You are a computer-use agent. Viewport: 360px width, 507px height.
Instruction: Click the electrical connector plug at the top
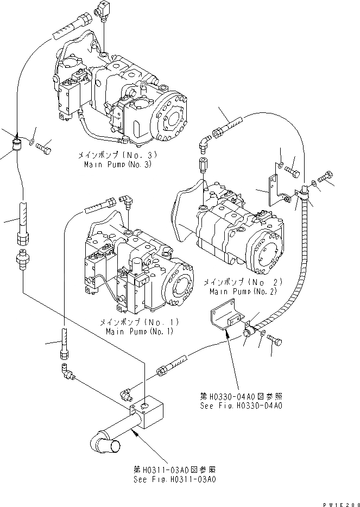point(102,10)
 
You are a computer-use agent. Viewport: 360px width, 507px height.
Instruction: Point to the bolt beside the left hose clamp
point(46,145)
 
